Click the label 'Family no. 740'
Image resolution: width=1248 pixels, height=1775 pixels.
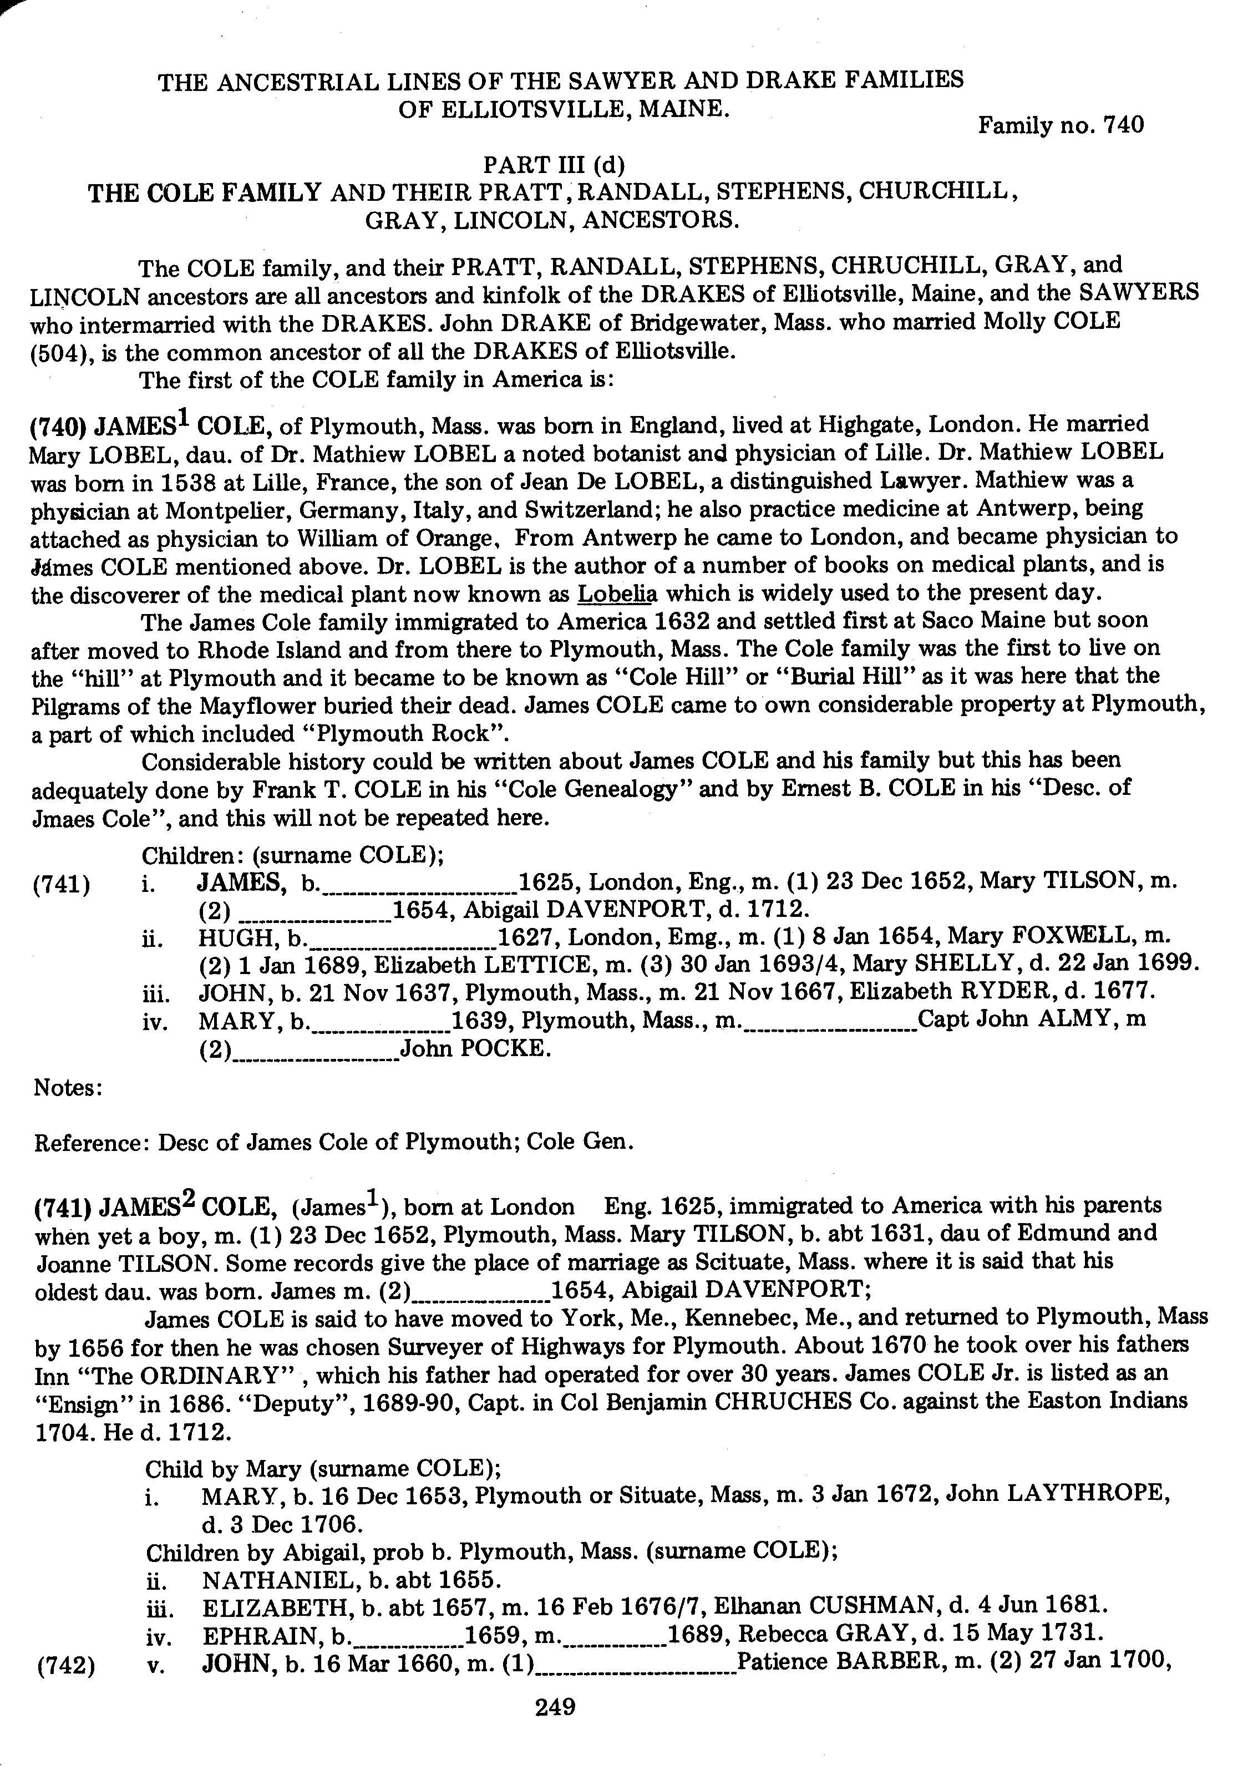pyautogui.click(x=1060, y=125)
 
